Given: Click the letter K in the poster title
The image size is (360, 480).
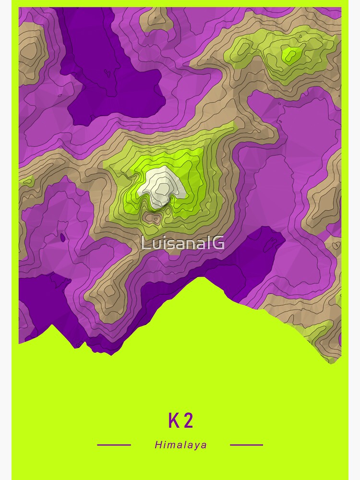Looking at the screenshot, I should [173, 420].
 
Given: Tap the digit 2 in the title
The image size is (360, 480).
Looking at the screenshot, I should [188, 420].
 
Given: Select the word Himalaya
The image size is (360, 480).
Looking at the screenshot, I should [181, 445].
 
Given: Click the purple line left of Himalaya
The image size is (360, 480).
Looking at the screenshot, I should [114, 445].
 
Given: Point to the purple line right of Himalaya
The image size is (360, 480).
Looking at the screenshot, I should [246, 445].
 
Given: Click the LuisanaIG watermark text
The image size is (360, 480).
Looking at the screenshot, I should [182, 243].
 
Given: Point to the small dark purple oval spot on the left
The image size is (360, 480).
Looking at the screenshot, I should [62, 237].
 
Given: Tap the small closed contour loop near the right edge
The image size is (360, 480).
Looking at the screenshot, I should [336, 245].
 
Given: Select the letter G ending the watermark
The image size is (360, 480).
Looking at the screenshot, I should [219, 243].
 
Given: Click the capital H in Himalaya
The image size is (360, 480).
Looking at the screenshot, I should [158, 445].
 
